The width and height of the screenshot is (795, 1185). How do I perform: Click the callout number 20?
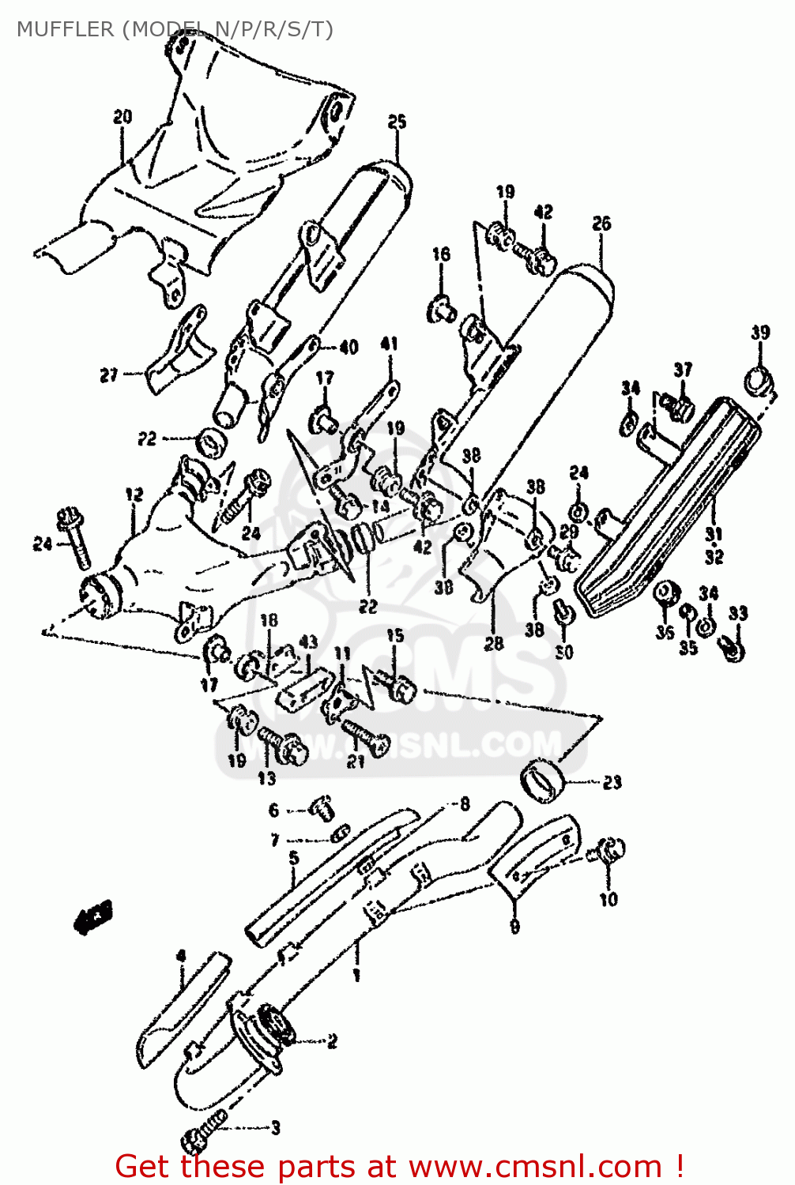(x=122, y=117)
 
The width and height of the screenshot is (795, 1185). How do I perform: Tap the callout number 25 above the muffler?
(x=397, y=121)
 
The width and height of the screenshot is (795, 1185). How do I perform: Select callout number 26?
(x=601, y=224)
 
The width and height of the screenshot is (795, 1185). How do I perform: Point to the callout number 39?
(x=760, y=332)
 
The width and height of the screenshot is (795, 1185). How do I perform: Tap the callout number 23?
(x=612, y=782)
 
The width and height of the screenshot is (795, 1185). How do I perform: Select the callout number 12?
(x=134, y=495)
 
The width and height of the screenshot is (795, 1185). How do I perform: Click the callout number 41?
(x=389, y=344)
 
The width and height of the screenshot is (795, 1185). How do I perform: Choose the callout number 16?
(x=441, y=254)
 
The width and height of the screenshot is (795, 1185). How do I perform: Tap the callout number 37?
(x=683, y=369)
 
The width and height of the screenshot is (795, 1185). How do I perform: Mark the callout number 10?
(x=608, y=899)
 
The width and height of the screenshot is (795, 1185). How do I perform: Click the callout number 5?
(x=293, y=858)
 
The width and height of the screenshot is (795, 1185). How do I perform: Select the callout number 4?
(x=181, y=957)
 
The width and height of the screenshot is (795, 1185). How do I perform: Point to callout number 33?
(x=737, y=613)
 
